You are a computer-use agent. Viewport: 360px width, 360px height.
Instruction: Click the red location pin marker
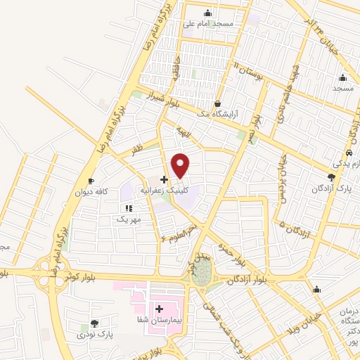pos(181,165)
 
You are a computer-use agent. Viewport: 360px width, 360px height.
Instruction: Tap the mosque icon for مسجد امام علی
pos(207,13)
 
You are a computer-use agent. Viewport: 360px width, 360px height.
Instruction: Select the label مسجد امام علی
pos(207,23)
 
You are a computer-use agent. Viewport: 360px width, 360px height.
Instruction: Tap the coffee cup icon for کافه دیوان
pos(91,181)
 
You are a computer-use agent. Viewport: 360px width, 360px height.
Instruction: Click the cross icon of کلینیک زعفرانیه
pos(164,179)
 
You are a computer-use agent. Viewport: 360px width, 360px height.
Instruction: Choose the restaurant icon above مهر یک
pos(128,209)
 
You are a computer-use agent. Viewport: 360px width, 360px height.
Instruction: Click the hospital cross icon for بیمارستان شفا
pos(159,309)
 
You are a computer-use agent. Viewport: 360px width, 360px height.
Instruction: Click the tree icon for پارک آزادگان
pos(331,178)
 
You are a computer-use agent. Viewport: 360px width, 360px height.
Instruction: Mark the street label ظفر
pos(136,150)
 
